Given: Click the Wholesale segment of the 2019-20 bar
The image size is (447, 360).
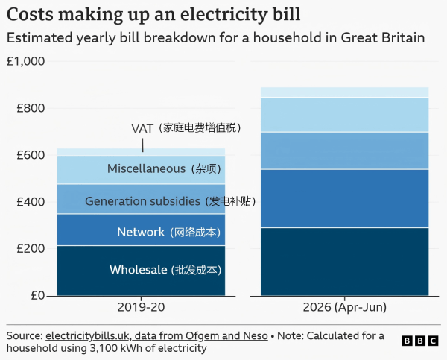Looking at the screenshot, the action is click(x=141, y=271).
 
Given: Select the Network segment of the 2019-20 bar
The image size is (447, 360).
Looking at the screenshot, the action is click(x=141, y=230).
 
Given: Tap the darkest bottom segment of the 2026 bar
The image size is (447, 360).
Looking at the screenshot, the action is click(x=345, y=262).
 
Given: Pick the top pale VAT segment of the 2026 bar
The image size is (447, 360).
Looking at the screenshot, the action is click(x=345, y=92).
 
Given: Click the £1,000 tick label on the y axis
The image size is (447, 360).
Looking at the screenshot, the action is click(x=25, y=61).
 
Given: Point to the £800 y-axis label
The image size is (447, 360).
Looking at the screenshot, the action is click(x=31, y=108).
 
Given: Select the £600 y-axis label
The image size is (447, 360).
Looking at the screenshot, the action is click(x=31, y=155).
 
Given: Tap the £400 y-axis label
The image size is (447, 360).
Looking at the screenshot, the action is click(x=31, y=202).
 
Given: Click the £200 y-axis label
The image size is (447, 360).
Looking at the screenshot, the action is click(x=31, y=248).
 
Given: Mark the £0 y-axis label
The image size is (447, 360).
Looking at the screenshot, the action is click(x=38, y=295).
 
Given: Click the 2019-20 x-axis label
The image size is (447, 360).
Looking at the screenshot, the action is click(x=141, y=307).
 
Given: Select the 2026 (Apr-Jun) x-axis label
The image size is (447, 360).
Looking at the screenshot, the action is click(x=345, y=308).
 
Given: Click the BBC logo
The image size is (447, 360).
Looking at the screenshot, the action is click(x=420, y=341).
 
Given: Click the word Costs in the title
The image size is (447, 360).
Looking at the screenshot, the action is click(x=30, y=14).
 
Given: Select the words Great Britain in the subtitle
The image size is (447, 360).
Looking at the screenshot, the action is click(x=383, y=38).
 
